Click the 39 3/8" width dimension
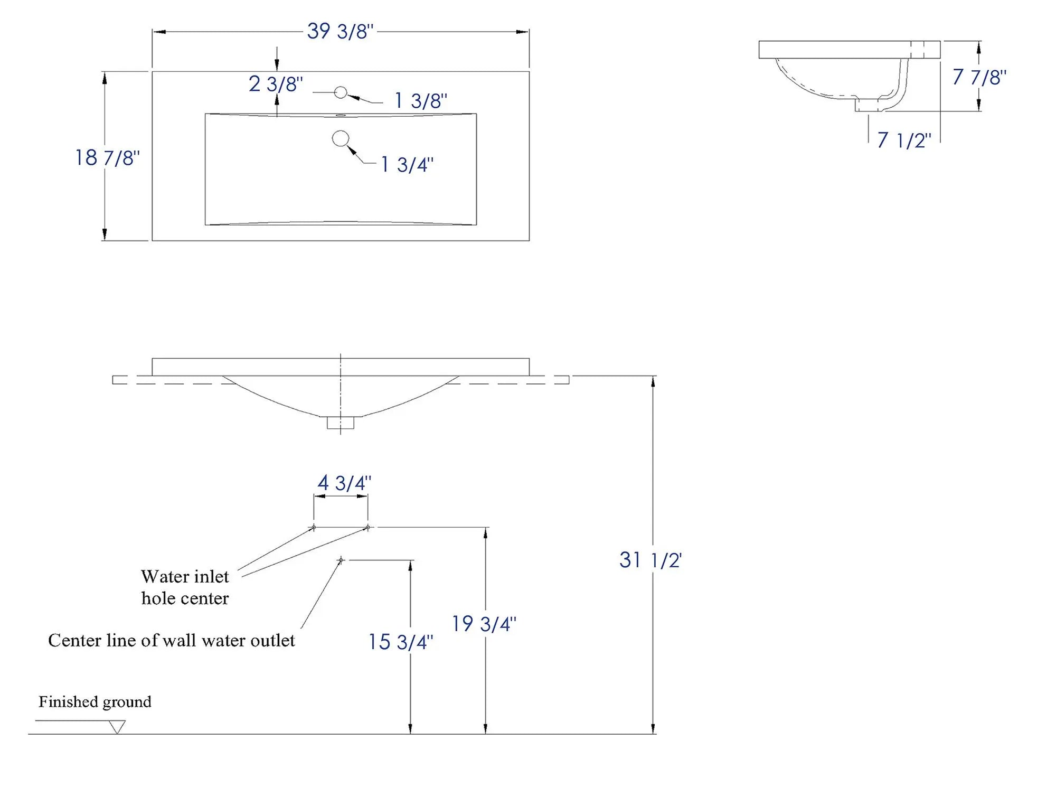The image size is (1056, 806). point(340,32)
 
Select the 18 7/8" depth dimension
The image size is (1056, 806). point(107,158)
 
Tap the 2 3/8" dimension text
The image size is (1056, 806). point(276,85)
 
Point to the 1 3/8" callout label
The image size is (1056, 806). point(421,100)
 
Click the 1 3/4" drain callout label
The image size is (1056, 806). point(407,165)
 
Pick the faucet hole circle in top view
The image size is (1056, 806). point(341,92)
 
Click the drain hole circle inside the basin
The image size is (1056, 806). point(341,138)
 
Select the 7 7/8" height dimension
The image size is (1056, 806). point(979,78)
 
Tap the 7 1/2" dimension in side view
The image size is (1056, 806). point(904,140)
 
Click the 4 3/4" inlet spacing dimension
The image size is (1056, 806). point(344,483)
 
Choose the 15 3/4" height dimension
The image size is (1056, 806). point(400,642)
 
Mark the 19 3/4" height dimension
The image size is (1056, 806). point(484,624)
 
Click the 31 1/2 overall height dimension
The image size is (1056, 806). point(650,560)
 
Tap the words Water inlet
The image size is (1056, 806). point(185,577)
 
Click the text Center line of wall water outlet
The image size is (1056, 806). point(172,641)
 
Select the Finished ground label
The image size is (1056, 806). point(95,702)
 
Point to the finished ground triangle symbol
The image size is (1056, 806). point(117,727)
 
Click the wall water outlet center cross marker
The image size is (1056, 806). point(341,560)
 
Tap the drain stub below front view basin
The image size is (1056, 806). point(341,423)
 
